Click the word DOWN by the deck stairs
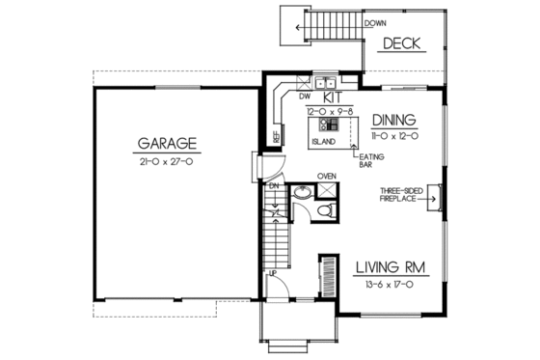pos(350,22)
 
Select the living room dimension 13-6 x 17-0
pos(390,285)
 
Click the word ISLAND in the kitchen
pos(323,141)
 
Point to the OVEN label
pos(327,176)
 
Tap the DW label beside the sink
pos(304,97)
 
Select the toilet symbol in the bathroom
pos(324,209)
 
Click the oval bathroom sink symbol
pos(302,192)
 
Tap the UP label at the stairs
pos(273,274)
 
